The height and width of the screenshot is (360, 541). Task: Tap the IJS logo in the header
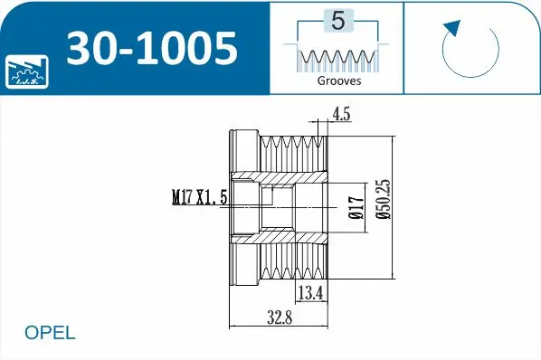(x=28, y=71)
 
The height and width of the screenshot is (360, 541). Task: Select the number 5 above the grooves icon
(x=337, y=21)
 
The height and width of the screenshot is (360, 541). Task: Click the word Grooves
(x=338, y=81)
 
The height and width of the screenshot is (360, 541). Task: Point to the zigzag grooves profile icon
(x=337, y=58)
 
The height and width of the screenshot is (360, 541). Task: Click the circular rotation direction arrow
(x=470, y=47)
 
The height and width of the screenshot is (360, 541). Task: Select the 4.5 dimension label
(x=342, y=114)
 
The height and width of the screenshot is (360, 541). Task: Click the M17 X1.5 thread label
(x=199, y=194)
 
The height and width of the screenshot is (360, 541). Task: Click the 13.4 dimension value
(x=310, y=291)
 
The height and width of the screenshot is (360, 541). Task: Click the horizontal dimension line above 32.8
(x=279, y=326)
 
